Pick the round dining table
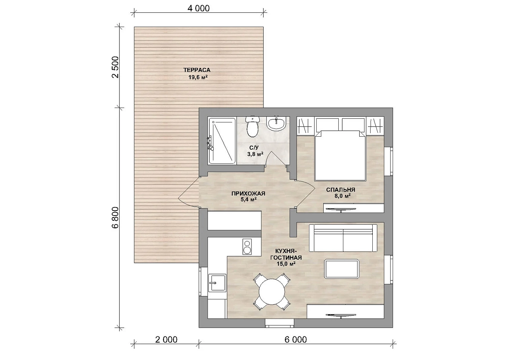pos(272,292)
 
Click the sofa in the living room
pos(343,238)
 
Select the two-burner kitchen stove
pos(247,247)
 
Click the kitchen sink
pos(217,283)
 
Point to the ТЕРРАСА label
pos(197,70)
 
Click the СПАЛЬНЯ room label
pos(341,190)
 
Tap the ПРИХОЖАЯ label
pos(248,194)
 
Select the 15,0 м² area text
pos(286,264)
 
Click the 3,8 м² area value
pos(255,154)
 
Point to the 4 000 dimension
pos(198,8)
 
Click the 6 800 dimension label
pos(115,217)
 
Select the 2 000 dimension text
pos(166,340)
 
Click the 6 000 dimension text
pos(296,340)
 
